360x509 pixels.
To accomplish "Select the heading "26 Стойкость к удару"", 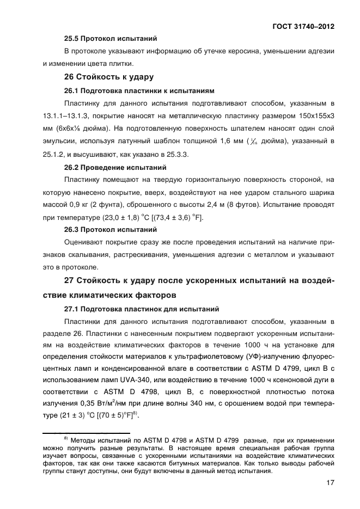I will coord(109,77).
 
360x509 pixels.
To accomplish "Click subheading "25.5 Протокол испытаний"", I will coord(111,39).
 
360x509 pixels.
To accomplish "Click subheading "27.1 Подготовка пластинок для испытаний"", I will coord(142,308).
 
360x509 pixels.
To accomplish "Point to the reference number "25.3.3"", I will coord(176,155).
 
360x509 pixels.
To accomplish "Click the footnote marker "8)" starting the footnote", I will coord(66,437).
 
